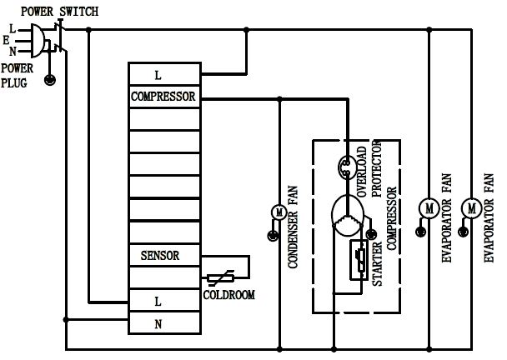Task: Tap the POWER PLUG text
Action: coord(18,75)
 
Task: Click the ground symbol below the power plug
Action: coord(49,81)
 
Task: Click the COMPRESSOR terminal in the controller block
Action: coord(163,97)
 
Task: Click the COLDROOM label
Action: coord(228,295)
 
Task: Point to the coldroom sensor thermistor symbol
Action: coord(227,276)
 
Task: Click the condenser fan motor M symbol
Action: coord(274,212)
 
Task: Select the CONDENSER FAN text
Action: coord(293,227)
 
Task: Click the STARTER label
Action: coord(377,267)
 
